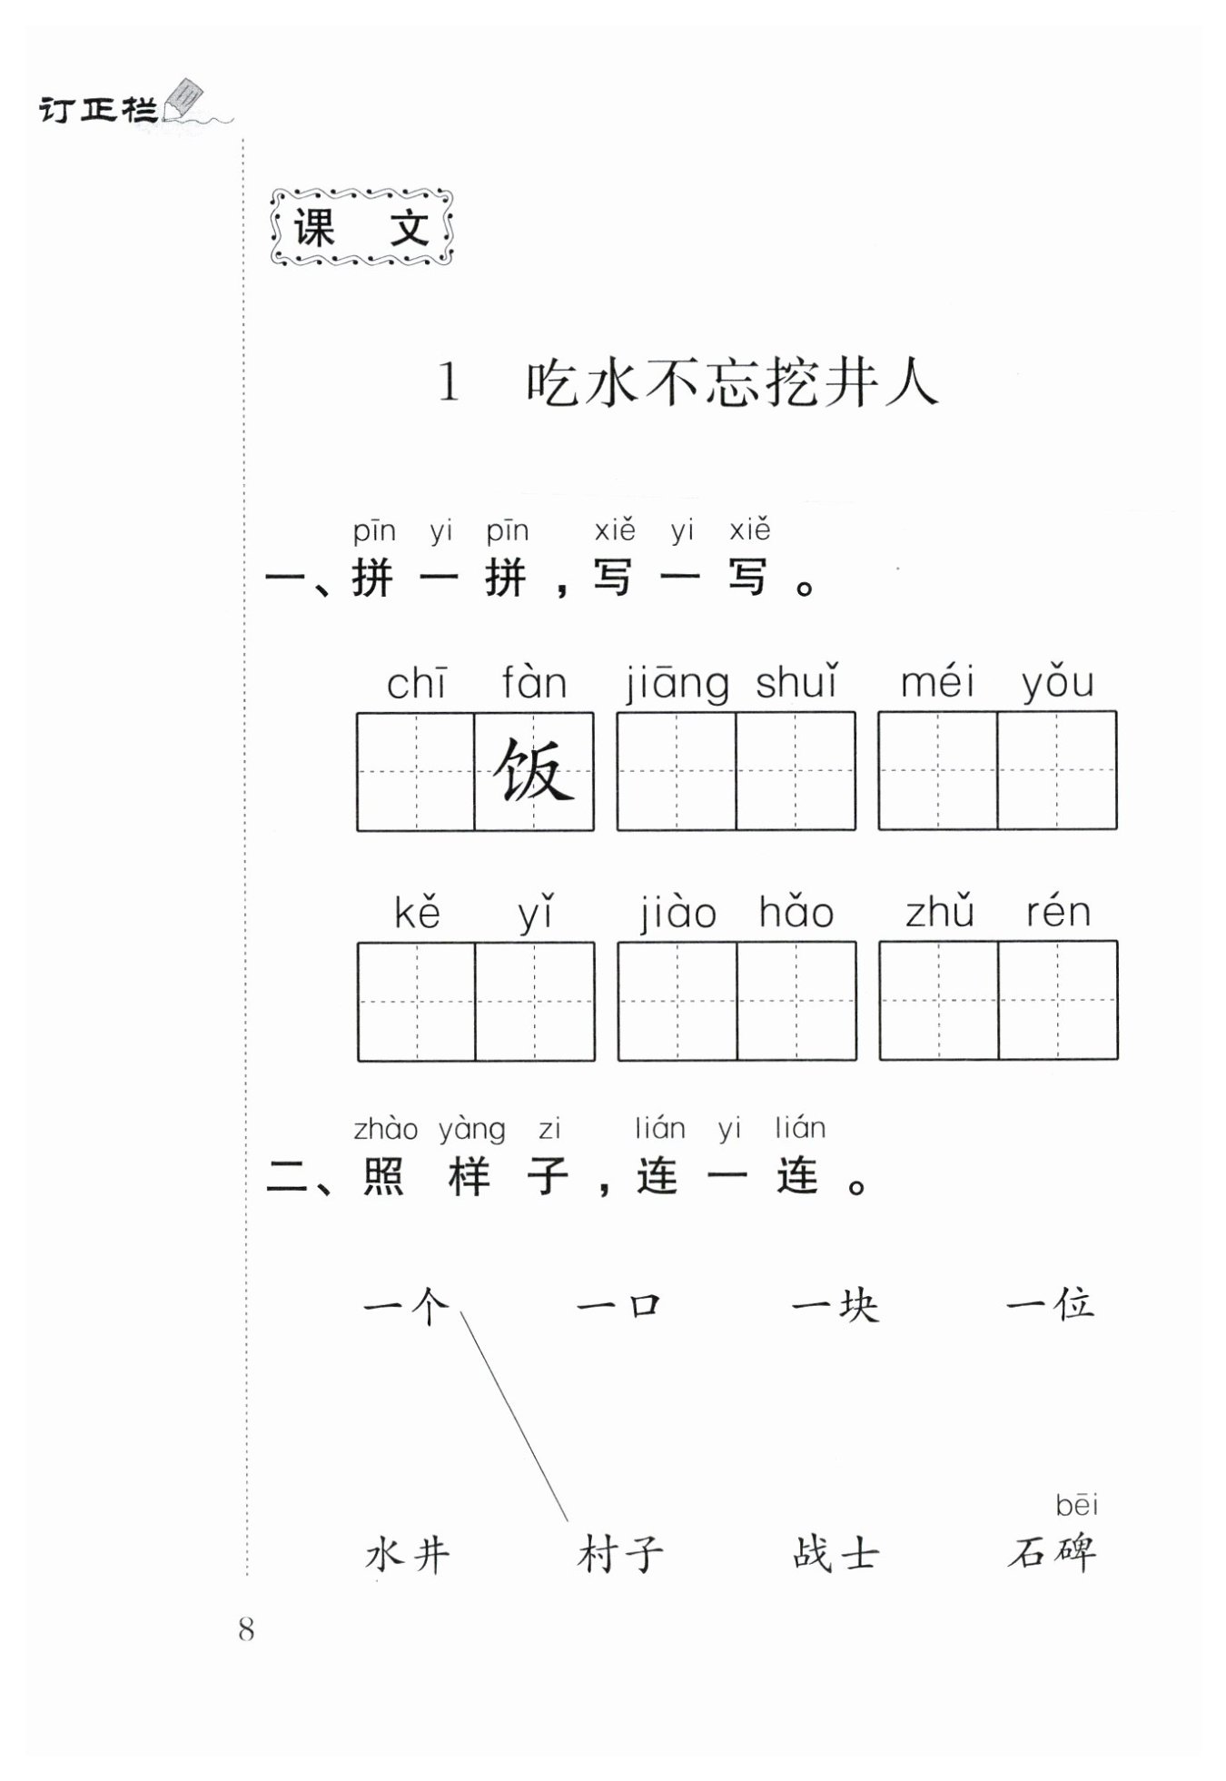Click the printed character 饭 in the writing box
534,771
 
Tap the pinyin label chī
416,684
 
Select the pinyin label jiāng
677,684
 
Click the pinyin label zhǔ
940,912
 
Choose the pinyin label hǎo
796,912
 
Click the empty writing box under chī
416,771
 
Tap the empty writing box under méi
938,770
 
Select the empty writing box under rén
1058,1000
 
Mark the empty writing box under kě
417,1000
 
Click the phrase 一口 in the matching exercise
619,1306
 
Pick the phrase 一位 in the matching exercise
1050,1306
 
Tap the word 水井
408,1555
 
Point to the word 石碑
1052,1553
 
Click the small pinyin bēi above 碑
1077,1506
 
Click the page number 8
246,1629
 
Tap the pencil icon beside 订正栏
186,99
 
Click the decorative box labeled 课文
361,228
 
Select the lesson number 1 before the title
449,383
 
